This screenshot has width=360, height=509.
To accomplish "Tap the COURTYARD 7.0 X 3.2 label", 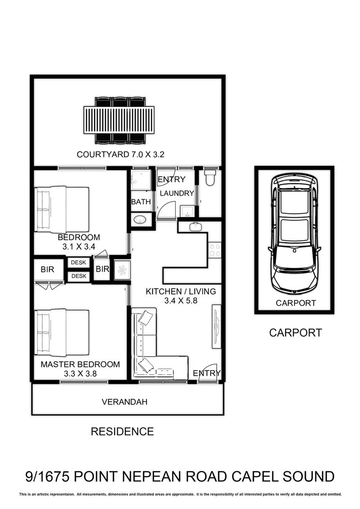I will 120,154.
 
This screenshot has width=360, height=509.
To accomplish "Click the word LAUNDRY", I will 177,193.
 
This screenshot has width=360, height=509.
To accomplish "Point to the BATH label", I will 141,202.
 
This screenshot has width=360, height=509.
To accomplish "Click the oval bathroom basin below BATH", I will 141,219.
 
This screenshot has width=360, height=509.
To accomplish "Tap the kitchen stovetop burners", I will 214,250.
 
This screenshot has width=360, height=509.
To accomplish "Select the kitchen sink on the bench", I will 196,227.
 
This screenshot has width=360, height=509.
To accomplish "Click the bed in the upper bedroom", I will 62,209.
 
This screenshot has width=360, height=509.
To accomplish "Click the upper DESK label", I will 78,263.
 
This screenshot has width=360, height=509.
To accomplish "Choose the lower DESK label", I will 78,276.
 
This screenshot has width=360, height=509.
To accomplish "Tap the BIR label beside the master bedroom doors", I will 48,270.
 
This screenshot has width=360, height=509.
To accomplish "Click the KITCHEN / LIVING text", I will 180,291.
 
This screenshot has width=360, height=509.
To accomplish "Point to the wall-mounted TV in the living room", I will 216,326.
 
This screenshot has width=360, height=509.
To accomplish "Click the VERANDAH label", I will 124,402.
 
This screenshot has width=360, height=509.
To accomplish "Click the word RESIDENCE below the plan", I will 122,431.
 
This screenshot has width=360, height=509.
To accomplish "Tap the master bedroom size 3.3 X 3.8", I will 80,374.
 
